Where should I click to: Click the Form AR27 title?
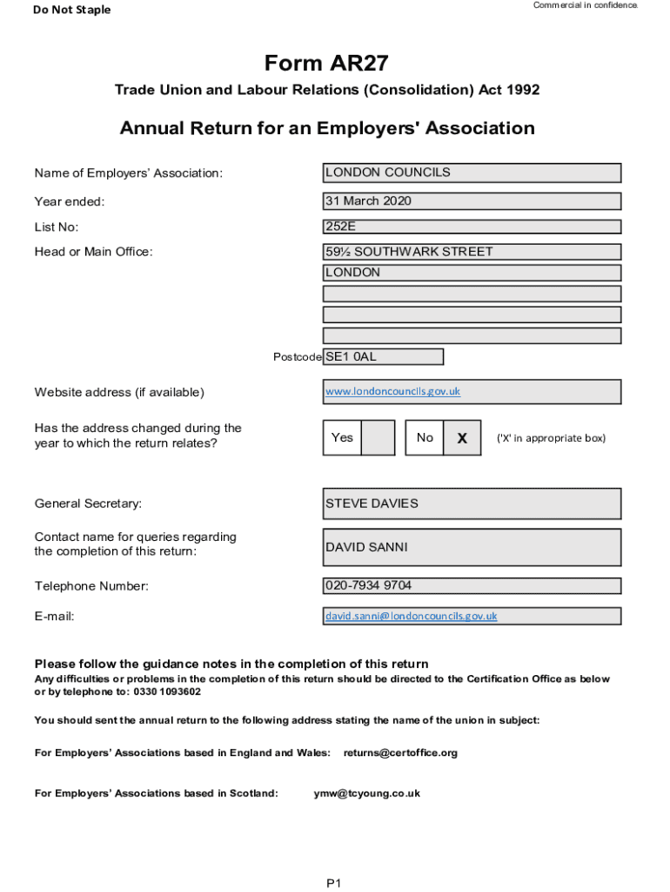[327, 64]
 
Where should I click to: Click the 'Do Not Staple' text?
[72, 10]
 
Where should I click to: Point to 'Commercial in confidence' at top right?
[585, 5]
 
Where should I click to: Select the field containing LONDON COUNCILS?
[472, 172]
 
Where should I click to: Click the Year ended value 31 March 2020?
[472, 201]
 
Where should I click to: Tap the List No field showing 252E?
[472, 226]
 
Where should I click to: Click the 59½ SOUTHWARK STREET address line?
[472, 252]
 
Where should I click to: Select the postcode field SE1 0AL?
[383, 356]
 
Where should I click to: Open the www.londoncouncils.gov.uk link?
[392, 391]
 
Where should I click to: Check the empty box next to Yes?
[378, 437]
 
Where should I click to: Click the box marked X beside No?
[462, 438]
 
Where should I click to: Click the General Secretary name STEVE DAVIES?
[472, 503]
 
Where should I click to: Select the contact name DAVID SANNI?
[472, 547]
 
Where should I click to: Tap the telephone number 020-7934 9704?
[472, 585]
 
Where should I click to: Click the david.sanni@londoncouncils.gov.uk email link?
[412, 616]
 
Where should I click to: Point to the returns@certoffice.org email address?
[400, 753]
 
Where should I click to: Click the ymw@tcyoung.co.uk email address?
[366, 794]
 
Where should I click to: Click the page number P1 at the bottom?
[334, 883]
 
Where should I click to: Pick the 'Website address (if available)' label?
[119, 392]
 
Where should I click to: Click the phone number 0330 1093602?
[167, 692]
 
